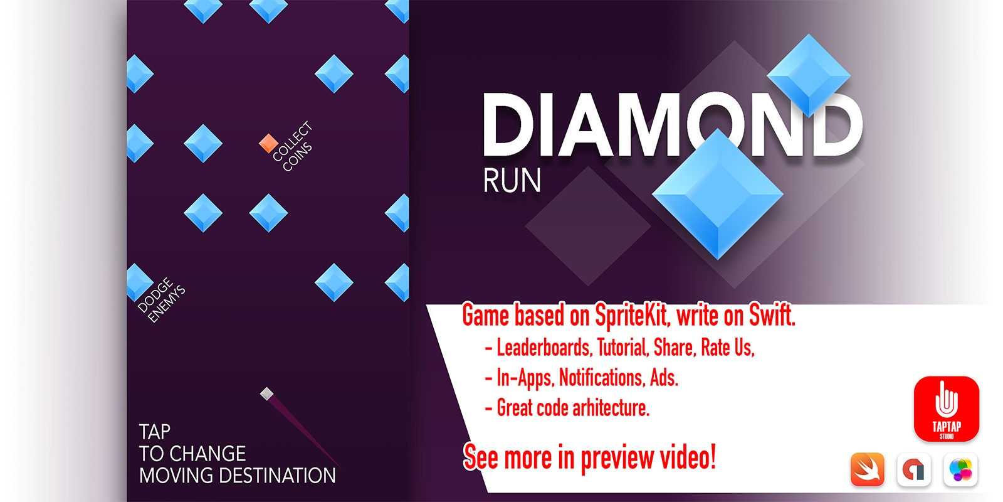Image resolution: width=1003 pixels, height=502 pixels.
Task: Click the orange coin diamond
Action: pos(268,143)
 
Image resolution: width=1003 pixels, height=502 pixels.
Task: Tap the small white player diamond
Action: pos(267,394)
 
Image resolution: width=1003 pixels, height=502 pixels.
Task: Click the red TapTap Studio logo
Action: pos(946,409)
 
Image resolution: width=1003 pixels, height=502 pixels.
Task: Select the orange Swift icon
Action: pos(868,469)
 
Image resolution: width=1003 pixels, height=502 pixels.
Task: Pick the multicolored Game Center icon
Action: pos(960,469)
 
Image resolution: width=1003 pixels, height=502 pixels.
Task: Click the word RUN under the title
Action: pos(512,181)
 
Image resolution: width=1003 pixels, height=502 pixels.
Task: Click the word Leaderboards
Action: pos(544,348)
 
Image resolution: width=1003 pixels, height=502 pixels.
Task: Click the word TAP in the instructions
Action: pos(154,432)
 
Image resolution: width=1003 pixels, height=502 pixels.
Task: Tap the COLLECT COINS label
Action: pos(292,146)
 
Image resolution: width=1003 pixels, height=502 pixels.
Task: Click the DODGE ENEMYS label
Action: pos(160,300)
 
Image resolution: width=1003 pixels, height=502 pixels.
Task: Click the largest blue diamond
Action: pos(717,194)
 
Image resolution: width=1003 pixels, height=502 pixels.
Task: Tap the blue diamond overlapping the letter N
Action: pos(809,75)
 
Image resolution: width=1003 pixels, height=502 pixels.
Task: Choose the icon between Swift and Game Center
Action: pos(914,469)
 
